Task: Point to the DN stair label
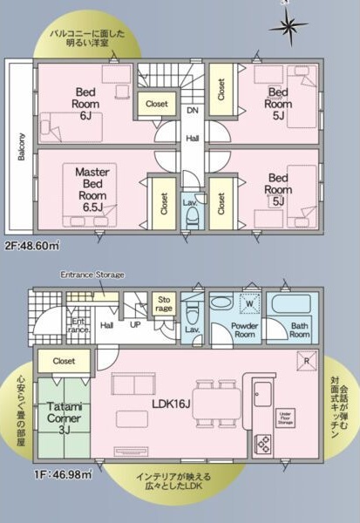click(x=192, y=112)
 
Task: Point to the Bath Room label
click(x=299, y=329)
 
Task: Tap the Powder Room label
click(x=244, y=329)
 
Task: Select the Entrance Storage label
click(x=92, y=275)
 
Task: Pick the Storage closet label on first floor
click(x=165, y=302)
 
